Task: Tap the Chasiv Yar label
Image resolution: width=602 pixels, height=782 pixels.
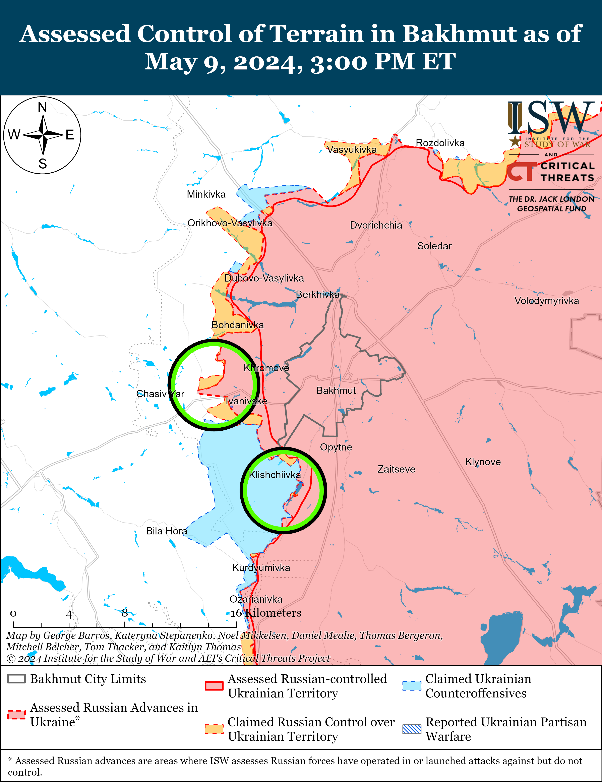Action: (160, 394)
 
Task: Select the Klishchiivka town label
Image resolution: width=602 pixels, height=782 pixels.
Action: (275, 475)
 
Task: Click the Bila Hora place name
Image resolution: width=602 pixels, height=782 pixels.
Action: (166, 531)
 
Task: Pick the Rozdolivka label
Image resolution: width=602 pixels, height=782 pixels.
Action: (440, 143)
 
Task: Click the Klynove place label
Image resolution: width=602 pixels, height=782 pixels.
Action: (483, 462)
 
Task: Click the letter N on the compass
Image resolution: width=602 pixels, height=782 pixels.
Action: (42, 107)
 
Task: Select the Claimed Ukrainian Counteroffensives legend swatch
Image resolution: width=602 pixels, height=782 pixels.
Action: (412, 685)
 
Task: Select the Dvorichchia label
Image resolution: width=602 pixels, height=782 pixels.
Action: (376, 225)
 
